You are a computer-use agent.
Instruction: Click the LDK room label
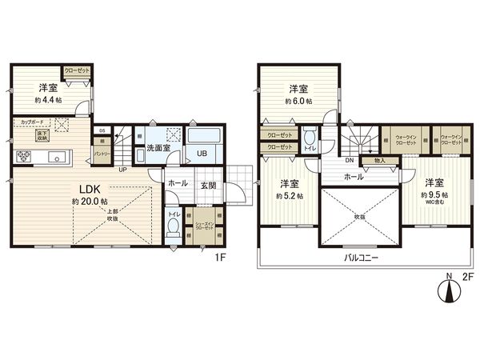[x=86, y=189]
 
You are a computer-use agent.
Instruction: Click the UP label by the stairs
[x=122, y=170]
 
